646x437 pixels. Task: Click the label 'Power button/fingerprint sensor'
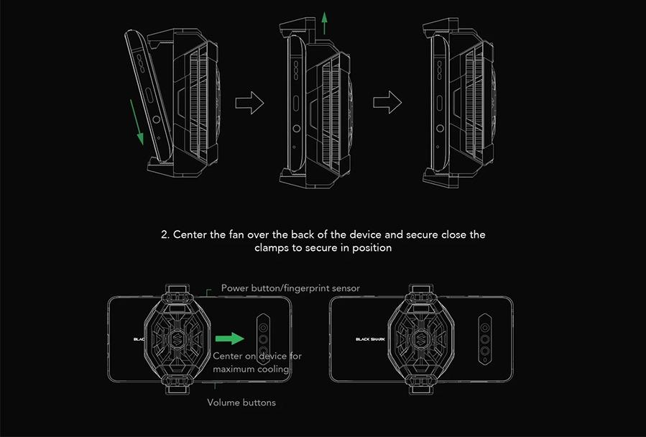[x=290, y=288]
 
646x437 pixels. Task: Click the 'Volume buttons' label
[x=241, y=402]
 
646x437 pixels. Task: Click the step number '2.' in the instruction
[x=165, y=235]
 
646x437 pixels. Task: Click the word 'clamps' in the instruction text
[x=271, y=248]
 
